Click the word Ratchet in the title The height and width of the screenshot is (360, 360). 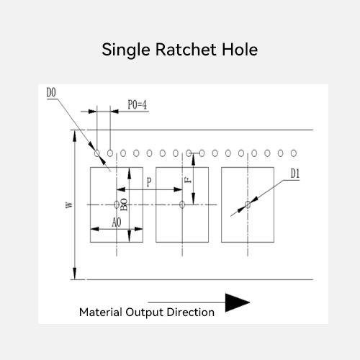(x=186, y=50)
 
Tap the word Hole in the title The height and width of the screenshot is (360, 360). (x=240, y=50)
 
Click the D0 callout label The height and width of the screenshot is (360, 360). (x=51, y=93)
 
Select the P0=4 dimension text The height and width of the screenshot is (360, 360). (x=138, y=105)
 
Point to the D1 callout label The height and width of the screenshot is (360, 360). (x=295, y=174)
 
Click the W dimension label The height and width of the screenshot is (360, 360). (x=69, y=204)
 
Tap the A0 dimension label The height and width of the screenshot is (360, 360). (x=117, y=222)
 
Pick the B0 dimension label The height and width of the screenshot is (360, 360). (x=124, y=204)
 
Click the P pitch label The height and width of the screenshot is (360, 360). (x=149, y=182)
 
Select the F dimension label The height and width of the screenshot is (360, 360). (x=188, y=180)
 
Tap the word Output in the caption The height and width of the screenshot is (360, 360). (x=145, y=312)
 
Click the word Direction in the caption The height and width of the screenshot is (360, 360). (x=191, y=312)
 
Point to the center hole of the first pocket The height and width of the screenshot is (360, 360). (x=117, y=204)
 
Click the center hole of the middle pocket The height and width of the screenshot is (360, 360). (x=182, y=204)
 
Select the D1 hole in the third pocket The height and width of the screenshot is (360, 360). (x=248, y=204)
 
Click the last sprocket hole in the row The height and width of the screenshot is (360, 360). (x=294, y=153)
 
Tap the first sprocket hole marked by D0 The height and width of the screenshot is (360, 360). (x=97, y=153)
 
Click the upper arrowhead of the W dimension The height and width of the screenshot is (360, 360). (x=75, y=136)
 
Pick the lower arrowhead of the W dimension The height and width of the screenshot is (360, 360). (x=75, y=274)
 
